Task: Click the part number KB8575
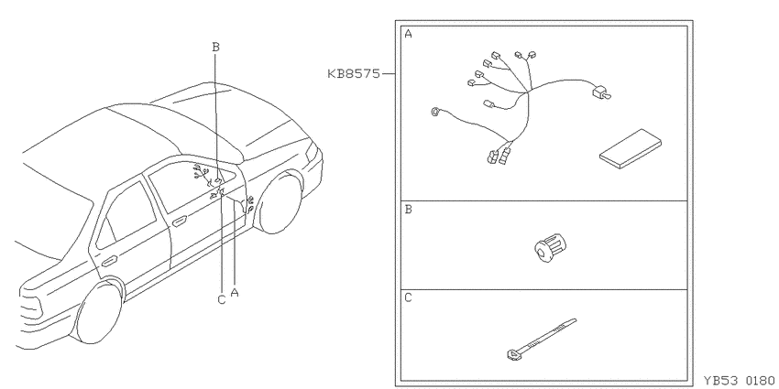coord(353,74)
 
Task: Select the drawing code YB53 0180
coord(739,381)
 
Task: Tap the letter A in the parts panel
coord(408,34)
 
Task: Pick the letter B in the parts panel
coord(408,210)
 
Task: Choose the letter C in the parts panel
coord(408,297)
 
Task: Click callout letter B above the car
coord(215,47)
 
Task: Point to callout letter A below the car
coord(235,292)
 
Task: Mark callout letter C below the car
coord(222,299)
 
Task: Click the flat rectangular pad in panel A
coord(631,149)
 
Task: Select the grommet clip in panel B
coord(551,248)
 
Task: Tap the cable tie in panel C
coord(541,340)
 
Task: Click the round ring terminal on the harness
coord(435,113)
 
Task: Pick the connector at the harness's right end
coord(600,92)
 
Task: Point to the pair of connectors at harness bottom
coord(499,155)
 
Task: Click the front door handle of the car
coord(180,221)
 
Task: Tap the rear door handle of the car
coord(110,261)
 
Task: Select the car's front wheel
coord(280,204)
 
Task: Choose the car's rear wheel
coord(99,312)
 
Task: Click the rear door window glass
coord(127,215)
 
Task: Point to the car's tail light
coord(30,304)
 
